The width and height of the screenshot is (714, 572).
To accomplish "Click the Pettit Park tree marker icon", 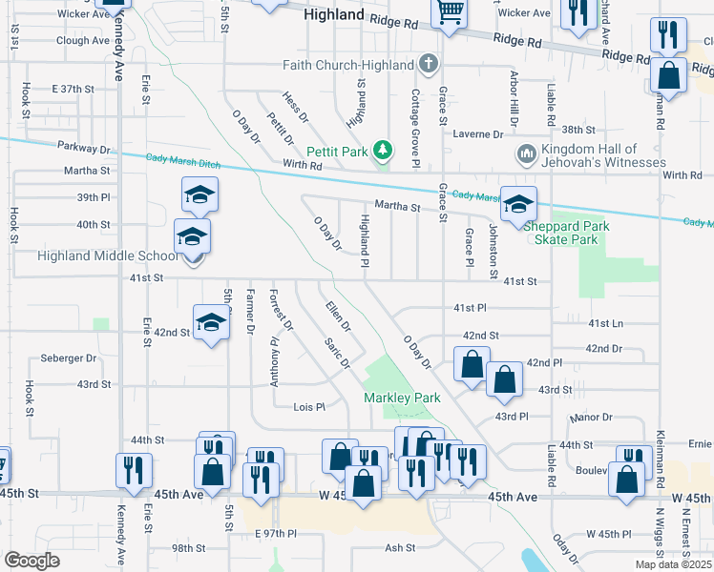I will [383, 150].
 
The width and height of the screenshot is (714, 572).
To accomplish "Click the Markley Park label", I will [401, 397].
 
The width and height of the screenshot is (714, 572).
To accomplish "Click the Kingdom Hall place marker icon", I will [526, 154].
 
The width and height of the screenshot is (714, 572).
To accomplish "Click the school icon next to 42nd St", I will [211, 322].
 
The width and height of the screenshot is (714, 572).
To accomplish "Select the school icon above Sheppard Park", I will [518, 204].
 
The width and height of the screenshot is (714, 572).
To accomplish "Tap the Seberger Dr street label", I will [69, 358].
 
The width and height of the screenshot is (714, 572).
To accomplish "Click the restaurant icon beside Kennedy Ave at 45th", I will [134, 469].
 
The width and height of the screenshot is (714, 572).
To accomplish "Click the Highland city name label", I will [333, 15].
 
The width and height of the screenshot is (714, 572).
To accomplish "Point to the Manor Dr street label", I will [590, 418].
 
